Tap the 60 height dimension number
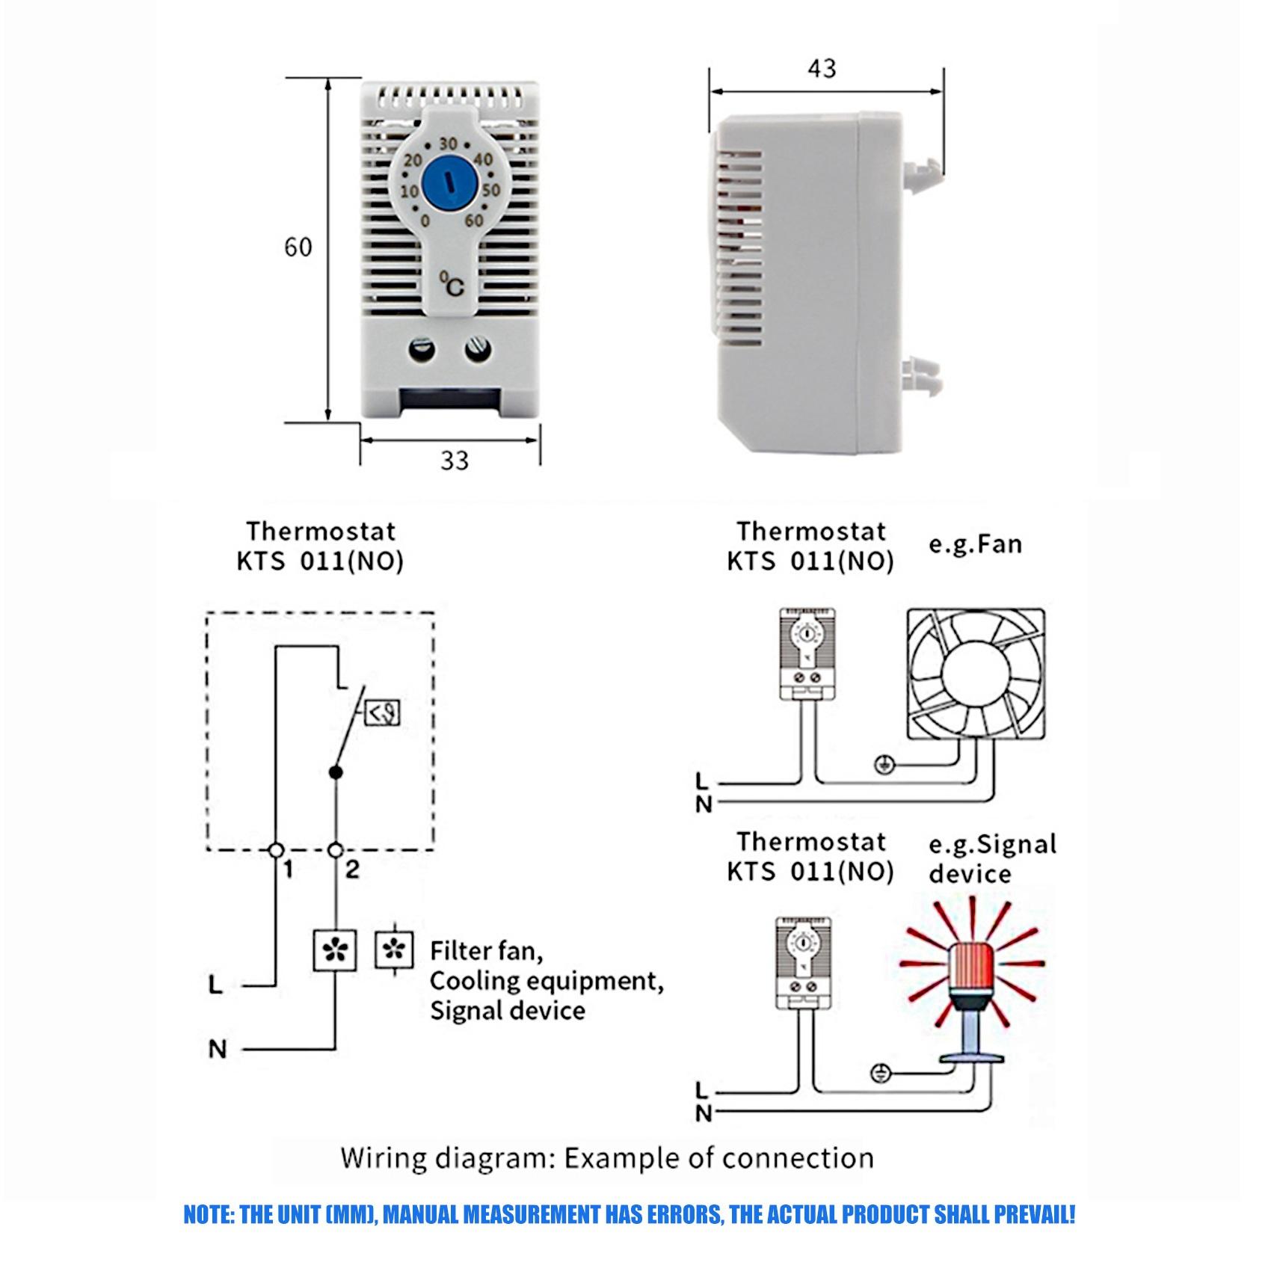[x=298, y=247]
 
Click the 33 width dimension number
[x=454, y=461]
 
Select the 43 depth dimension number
[x=821, y=69]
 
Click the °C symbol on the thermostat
[x=452, y=285]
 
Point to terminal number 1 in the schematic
[x=288, y=869]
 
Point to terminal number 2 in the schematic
[x=351, y=869]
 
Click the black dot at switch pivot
[x=336, y=772]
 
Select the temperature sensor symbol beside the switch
[x=382, y=713]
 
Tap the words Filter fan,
[x=486, y=951]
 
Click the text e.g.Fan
[x=975, y=544]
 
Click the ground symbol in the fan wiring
[x=884, y=764]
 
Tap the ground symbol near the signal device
[x=881, y=1074]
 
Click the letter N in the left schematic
[x=218, y=1050]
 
